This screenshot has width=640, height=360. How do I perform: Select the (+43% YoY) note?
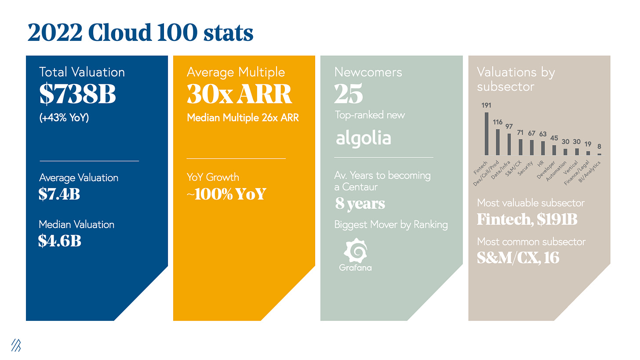pyautogui.click(x=64, y=118)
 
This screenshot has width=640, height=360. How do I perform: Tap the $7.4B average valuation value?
pyautogui.click(x=59, y=194)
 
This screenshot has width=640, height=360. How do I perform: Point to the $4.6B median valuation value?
pyautogui.click(x=60, y=240)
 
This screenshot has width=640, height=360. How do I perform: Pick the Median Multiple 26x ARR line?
pyautogui.click(x=243, y=118)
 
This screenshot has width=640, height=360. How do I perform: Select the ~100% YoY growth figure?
pyautogui.click(x=226, y=194)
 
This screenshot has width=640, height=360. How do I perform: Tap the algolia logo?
pyautogui.click(x=363, y=138)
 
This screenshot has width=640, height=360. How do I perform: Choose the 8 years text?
pyautogui.click(x=360, y=204)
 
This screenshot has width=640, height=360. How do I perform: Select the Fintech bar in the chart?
pyautogui.click(x=486, y=134)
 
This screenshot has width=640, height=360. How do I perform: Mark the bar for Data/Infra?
pyautogui.click(x=509, y=144)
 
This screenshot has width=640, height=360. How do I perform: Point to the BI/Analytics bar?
pyautogui.click(x=599, y=154)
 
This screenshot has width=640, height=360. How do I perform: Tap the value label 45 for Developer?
pyautogui.click(x=554, y=138)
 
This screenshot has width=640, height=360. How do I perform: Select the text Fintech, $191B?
pyautogui.click(x=527, y=218)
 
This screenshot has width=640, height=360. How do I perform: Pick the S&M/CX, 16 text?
pyautogui.click(x=518, y=257)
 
